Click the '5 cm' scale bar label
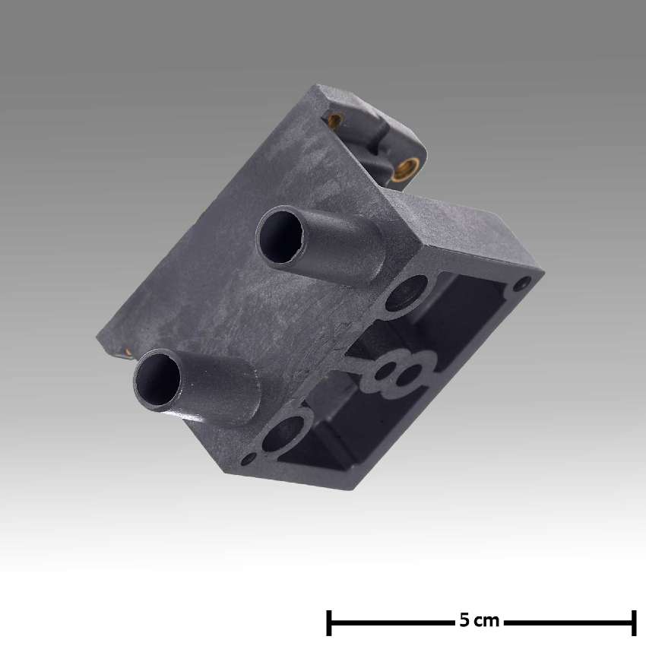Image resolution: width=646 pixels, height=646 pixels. click(x=480, y=621)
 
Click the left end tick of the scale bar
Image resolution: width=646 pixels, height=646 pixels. click(x=328, y=622)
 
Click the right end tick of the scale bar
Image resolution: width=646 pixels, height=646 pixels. click(x=633, y=622)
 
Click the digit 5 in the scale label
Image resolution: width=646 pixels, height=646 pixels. click(x=464, y=621)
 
